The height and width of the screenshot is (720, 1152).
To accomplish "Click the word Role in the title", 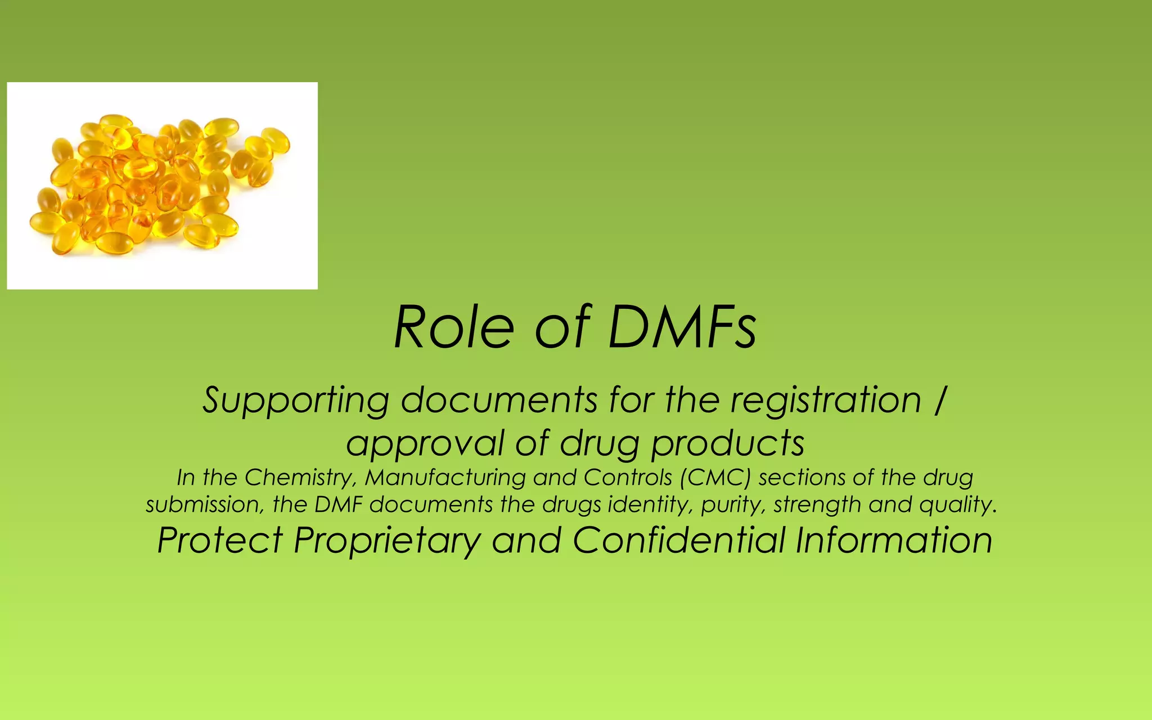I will point(453,327).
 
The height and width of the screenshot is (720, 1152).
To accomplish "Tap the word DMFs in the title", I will point(682,327).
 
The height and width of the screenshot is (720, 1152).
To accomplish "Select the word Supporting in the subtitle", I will point(296,400).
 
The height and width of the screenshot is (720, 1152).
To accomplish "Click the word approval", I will point(425,443).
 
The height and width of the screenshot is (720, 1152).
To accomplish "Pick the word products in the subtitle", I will point(728,443).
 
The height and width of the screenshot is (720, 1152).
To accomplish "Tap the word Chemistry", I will point(300,478).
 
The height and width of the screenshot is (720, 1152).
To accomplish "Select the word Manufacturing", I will point(445,478).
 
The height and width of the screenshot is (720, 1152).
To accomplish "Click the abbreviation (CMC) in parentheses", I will point(715,478).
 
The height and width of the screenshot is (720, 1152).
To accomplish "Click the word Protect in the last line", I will point(220,541).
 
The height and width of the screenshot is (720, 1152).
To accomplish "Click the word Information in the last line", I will point(894,541).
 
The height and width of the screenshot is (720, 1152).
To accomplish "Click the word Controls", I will point(628,478).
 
